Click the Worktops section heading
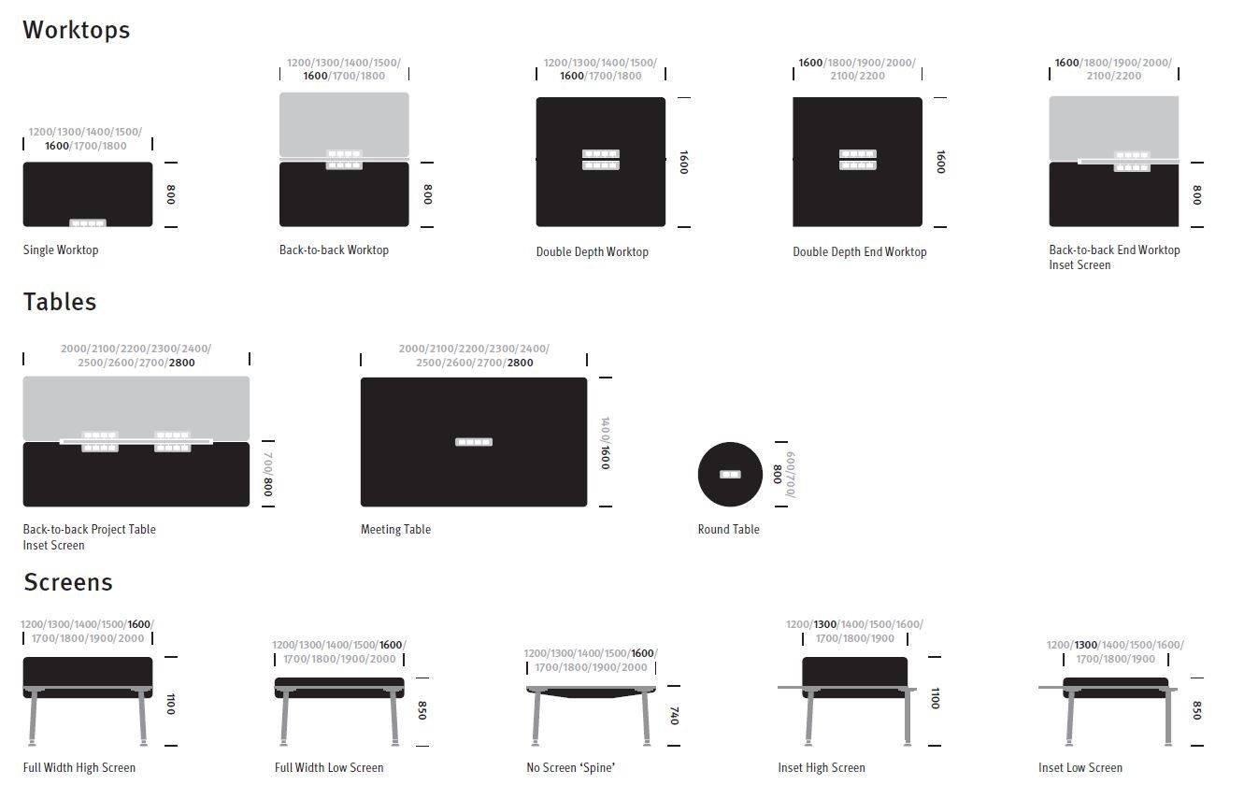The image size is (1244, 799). coord(76,30)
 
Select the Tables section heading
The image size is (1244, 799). coord(60,302)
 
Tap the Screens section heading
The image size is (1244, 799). coord(67,582)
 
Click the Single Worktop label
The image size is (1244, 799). coord(61,250)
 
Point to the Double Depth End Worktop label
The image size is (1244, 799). coord(860,252)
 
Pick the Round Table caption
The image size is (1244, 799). coord(728,529)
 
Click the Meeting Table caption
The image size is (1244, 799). coord(395,529)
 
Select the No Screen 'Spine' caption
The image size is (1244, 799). coord(570,767)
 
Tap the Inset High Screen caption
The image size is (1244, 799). coord(822,767)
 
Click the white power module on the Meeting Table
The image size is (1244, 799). coord(474,442)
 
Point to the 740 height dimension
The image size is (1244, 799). coord(674,716)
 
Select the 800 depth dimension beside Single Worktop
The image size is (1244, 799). coord(171,194)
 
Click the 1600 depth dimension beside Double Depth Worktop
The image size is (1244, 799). coord(684,162)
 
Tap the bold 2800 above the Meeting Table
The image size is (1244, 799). coord(520,363)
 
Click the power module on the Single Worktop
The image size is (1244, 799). coord(88,223)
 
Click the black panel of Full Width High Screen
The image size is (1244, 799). coord(88,672)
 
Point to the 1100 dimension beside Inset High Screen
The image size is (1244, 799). coord(936,698)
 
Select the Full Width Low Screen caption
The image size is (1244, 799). coord(329,767)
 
